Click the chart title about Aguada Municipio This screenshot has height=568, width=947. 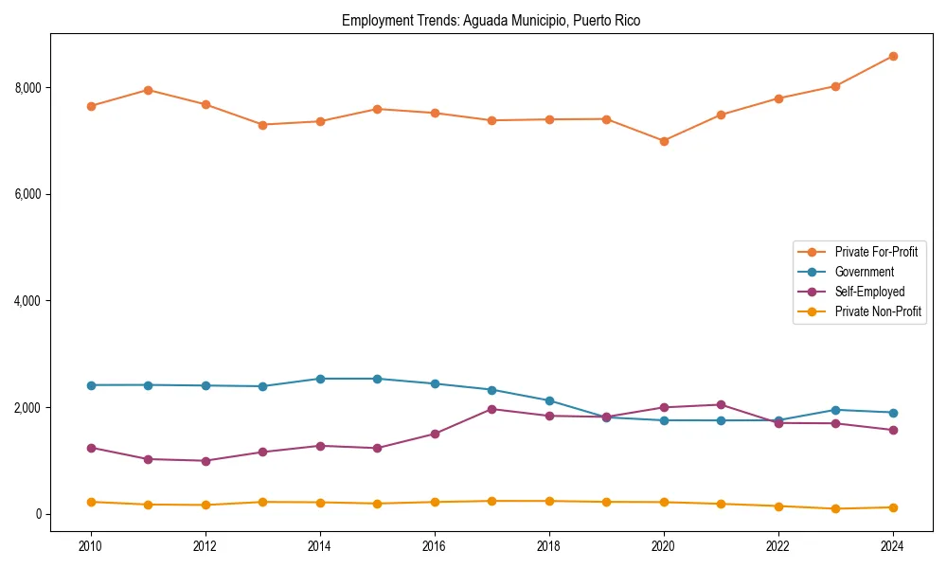pos(491,21)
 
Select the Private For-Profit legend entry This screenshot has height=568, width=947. pos(875,252)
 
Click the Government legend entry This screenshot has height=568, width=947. pos(864,272)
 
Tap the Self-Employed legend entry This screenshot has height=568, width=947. pos(869,292)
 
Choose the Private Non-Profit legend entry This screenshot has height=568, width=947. pos(878,311)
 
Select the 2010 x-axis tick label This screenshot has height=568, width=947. pos(91,545)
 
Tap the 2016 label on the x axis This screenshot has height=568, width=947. pos(435,545)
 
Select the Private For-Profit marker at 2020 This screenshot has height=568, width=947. pos(664,141)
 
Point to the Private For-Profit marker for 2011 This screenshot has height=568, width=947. pos(149,90)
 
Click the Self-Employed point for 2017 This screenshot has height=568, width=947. pos(492,409)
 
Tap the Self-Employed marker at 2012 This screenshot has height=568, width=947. pos(205,461)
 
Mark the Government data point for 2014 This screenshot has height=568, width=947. pos(320,379)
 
